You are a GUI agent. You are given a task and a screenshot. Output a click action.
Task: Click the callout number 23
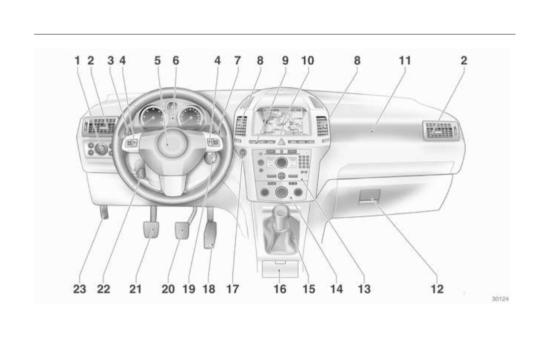click(x=80, y=289)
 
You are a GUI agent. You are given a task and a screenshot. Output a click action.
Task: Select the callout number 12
click(x=437, y=289)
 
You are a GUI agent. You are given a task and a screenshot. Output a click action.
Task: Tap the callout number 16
click(x=280, y=289)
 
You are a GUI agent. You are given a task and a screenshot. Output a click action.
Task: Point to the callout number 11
click(x=405, y=61)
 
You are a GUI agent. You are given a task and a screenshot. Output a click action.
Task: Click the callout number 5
click(x=157, y=61)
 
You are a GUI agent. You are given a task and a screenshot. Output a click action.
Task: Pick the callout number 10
click(x=308, y=61)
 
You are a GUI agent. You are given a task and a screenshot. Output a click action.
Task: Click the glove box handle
click(x=370, y=195)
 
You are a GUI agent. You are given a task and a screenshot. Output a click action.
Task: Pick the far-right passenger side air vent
click(x=440, y=131)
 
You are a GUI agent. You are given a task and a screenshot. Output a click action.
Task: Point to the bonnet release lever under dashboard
click(x=104, y=212)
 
